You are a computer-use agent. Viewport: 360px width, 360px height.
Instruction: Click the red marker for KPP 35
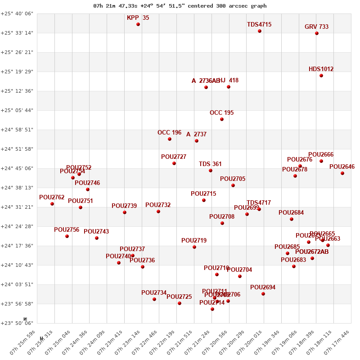[138, 24]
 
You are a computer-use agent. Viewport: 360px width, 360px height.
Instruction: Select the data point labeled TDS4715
[260, 31]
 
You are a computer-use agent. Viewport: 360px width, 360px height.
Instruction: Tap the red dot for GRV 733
[317, 33]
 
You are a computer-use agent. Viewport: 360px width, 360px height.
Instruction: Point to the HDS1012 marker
[321, 76]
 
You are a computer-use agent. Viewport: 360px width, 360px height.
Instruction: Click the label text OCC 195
[222, 113]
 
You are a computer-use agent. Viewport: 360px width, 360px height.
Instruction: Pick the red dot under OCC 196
[170, 139]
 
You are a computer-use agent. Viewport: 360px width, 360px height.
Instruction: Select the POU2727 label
[174, 157]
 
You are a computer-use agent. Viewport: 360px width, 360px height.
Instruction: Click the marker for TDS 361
[211, 171]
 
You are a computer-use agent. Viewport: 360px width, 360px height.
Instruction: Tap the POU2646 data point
[342, 173]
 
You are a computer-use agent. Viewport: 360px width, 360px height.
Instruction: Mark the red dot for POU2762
[52, 204]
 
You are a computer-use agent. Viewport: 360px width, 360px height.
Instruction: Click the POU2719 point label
[194, 241]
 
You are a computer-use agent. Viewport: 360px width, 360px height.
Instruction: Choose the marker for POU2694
[263, 294]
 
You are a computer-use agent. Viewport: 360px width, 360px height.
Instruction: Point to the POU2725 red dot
[180, 303]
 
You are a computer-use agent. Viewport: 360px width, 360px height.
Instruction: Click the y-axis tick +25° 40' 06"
[17, 14]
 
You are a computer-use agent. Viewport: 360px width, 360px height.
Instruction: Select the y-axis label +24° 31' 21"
[17, 207]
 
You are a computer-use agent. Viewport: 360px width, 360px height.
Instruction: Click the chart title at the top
[180, 6]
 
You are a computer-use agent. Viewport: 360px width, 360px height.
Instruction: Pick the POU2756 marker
[67, 236]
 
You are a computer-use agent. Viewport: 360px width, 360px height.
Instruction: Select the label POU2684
[291, 213]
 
